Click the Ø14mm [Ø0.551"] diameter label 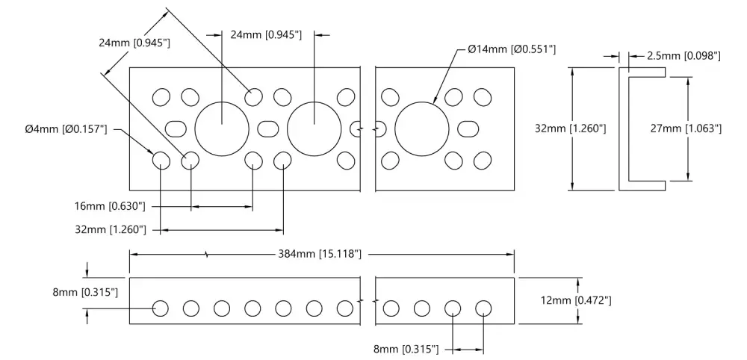(x=512, y=49)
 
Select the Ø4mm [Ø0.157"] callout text (x=66, y=129)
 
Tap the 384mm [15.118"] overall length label (x=320, y=254)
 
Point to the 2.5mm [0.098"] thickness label (x=684, y=56)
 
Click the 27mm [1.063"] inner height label (x=686, y=128)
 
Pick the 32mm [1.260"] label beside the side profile (x=571, y=128)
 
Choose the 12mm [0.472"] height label (x=576, y=300)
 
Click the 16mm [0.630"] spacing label (x=110, y=206)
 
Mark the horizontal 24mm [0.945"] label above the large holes (x=266, y=35)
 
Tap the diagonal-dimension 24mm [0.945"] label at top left (x=134, y=43)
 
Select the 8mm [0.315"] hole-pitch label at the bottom (x=406, y=350)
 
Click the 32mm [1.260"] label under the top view (x=110, y=230)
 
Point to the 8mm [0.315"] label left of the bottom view (x=85, y=292)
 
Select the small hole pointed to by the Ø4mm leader (x=161, y=161)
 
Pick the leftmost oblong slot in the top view (x=176, y=128)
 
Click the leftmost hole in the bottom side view (x=161, y=308)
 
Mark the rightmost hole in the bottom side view (x=483, y=308)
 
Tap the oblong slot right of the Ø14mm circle (x=468, y=128)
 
